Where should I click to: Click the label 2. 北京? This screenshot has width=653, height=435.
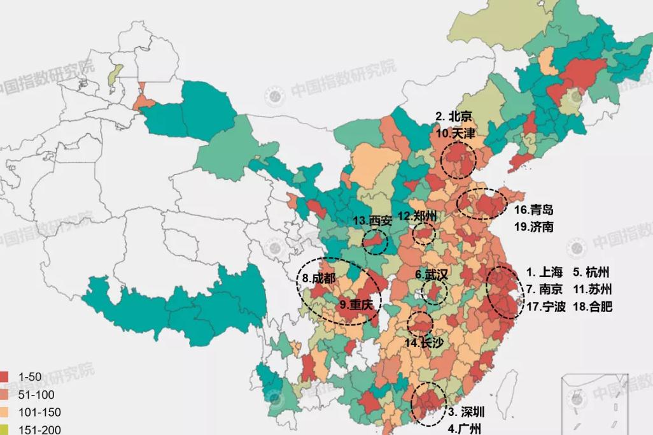point(454,117)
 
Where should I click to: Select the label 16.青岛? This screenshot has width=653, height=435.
point(533,210)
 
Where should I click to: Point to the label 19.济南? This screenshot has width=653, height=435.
point(533,226)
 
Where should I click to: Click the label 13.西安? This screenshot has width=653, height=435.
point(372,220)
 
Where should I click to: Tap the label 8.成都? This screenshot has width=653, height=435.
point(318,278)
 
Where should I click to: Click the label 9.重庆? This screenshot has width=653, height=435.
point(355,304)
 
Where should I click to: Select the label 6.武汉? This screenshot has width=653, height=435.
point(432,275)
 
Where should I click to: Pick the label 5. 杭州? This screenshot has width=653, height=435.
point(591,270)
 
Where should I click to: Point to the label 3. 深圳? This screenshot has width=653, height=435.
point(470,411)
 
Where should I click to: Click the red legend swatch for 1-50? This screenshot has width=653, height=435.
point(5,378)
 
